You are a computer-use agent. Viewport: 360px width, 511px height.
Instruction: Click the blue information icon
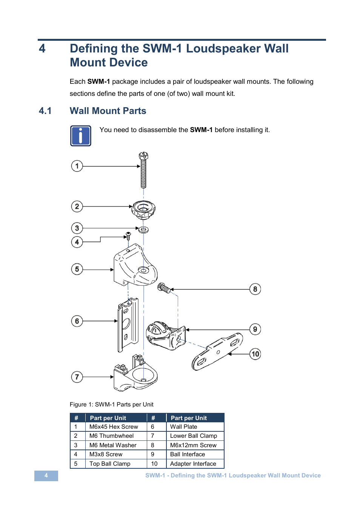[81, 136]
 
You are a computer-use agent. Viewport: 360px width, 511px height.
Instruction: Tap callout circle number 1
[77, 166]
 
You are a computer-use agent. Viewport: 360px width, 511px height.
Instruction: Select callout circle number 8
[255, 289]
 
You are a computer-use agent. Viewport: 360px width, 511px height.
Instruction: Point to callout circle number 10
[255, 354]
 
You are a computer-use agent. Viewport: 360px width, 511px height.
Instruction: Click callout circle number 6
[77, 321]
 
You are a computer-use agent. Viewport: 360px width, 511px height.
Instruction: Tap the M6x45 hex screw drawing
[143, 171]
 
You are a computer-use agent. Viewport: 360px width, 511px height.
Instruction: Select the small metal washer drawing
[143, 229]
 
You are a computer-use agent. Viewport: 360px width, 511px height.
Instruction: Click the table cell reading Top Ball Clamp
[110, 464]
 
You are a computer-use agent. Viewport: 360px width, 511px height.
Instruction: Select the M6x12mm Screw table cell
[193, 445]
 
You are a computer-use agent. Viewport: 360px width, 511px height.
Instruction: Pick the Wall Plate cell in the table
[184, 427]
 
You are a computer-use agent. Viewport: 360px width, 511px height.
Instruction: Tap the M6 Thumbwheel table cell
[111, 436]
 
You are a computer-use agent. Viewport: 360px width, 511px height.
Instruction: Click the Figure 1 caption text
[112, 405]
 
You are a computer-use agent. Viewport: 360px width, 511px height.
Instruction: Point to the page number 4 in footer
[46, 476]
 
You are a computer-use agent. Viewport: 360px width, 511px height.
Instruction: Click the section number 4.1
[45, 111]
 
